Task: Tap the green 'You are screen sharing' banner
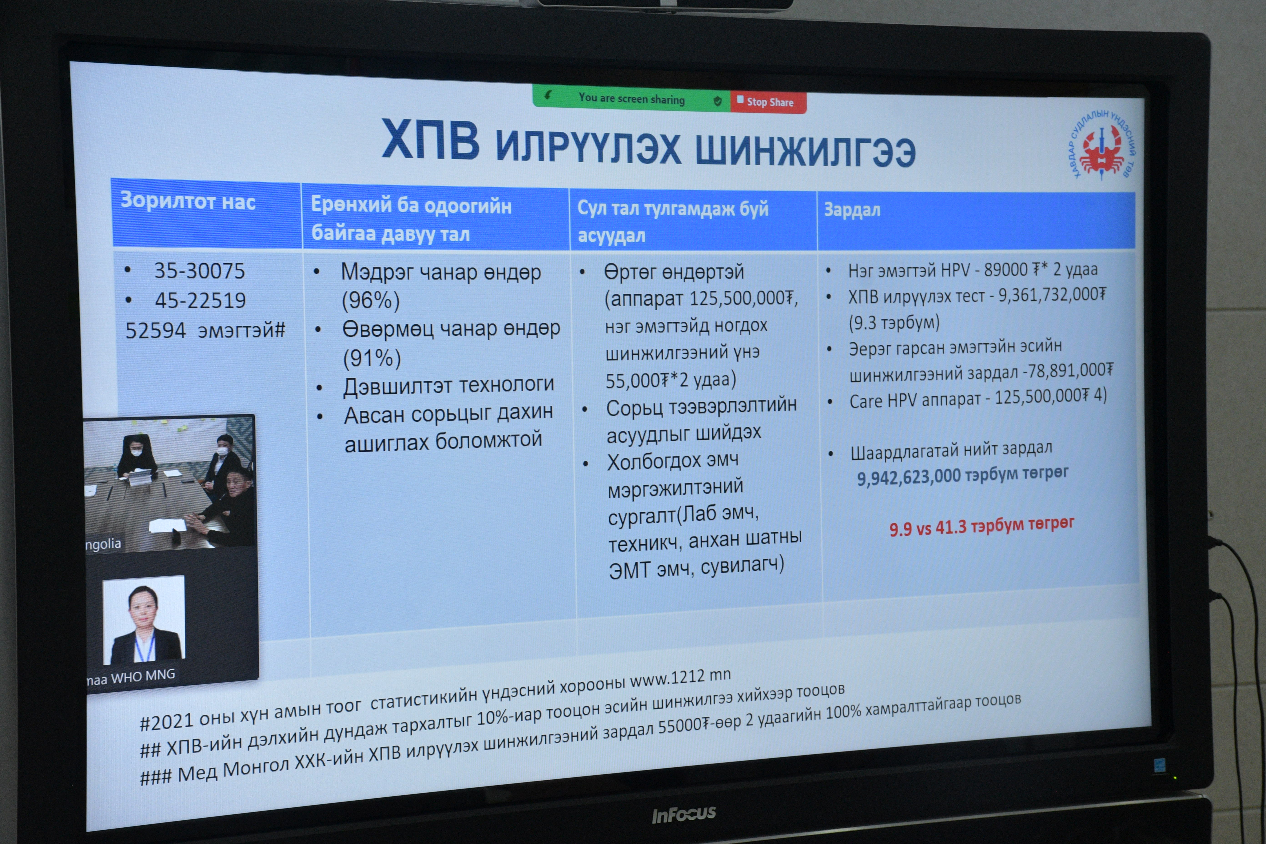[631, 98]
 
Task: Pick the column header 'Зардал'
[852, 210]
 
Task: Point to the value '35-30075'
[199, 271]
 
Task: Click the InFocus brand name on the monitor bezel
[684, 814]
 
